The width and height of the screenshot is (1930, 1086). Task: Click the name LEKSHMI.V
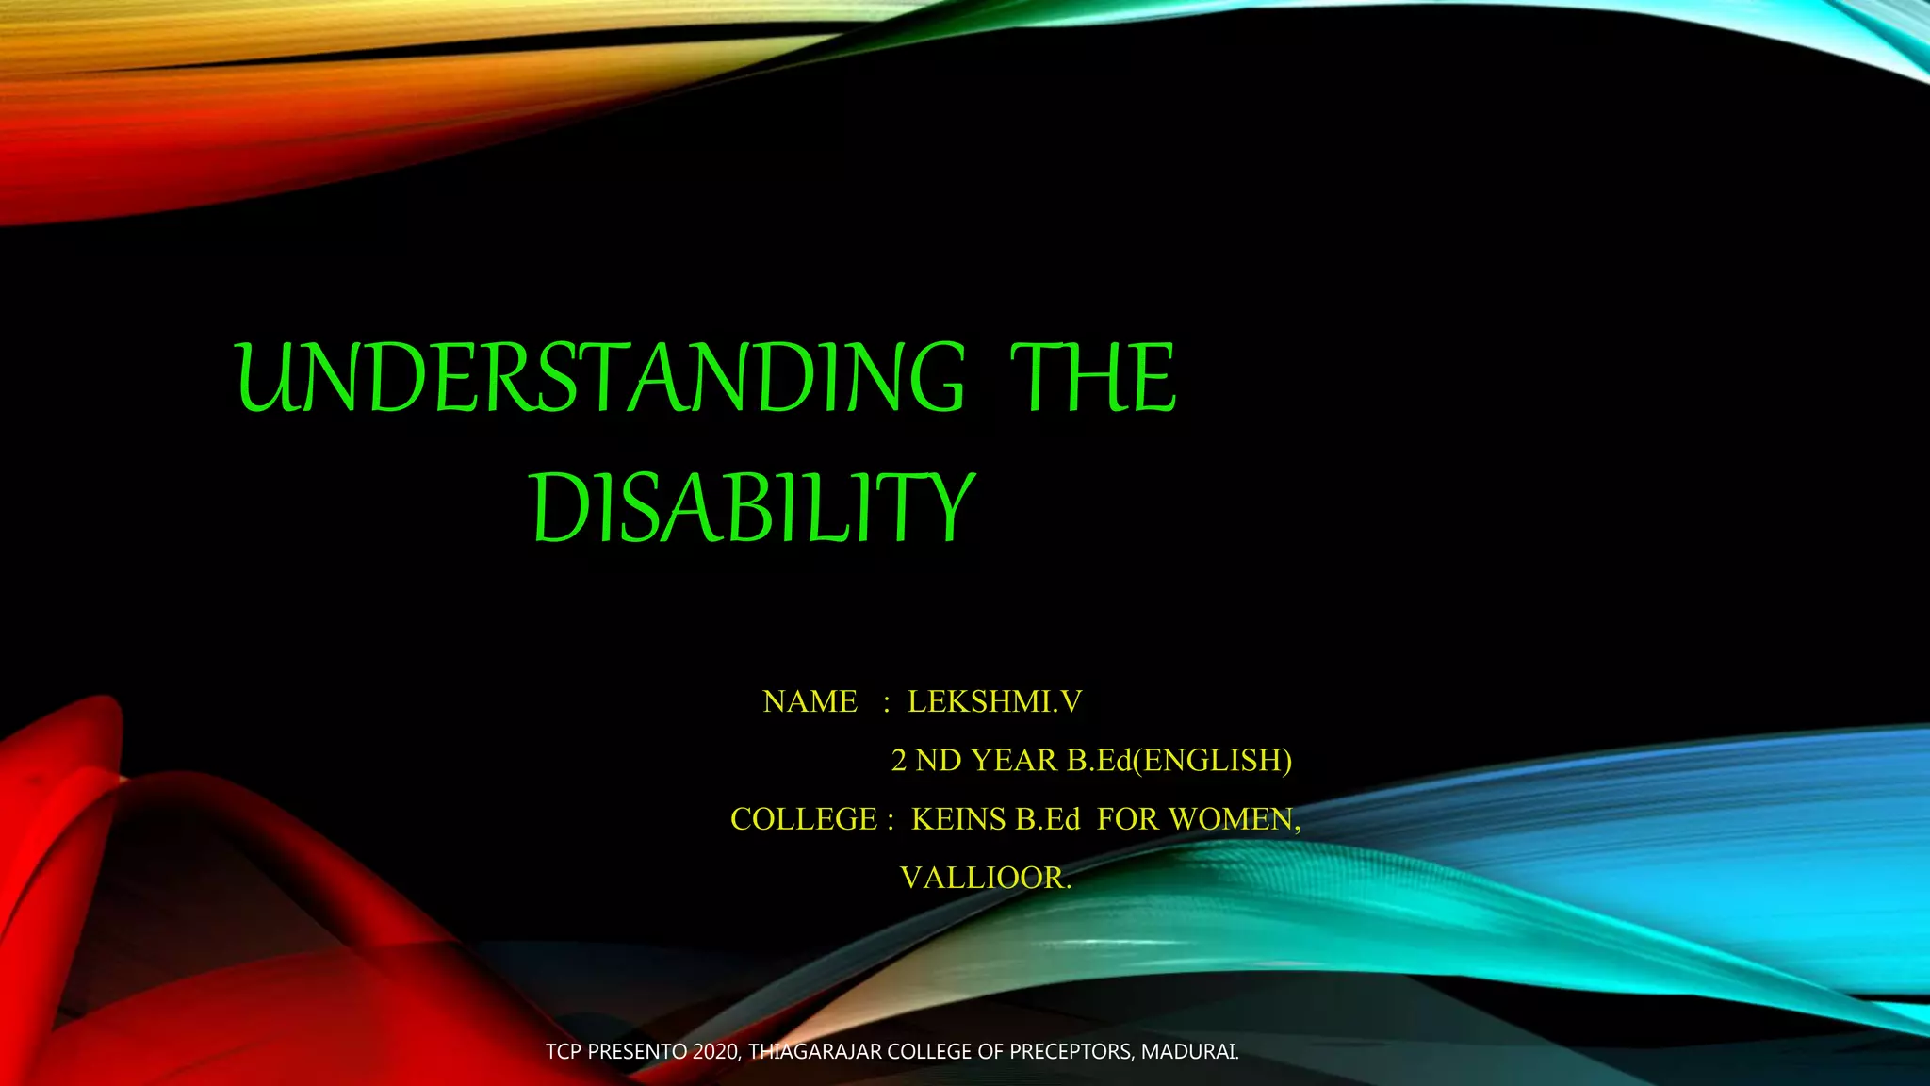(994, 701)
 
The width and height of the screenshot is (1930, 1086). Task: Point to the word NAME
(810, 701)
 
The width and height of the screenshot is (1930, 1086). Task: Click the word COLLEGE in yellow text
(803, 819)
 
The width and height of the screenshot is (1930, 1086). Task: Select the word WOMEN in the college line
(1233, 819)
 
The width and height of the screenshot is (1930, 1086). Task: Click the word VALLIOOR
(985, 878)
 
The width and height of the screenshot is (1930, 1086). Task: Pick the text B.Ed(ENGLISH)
(1179, 760)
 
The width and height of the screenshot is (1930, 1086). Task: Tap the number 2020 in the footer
(716, 1051)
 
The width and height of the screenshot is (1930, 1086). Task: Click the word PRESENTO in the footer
(637, 1051)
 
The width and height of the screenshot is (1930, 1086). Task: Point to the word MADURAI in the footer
(1189, 1051)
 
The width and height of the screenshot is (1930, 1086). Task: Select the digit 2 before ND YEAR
(899, 760)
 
